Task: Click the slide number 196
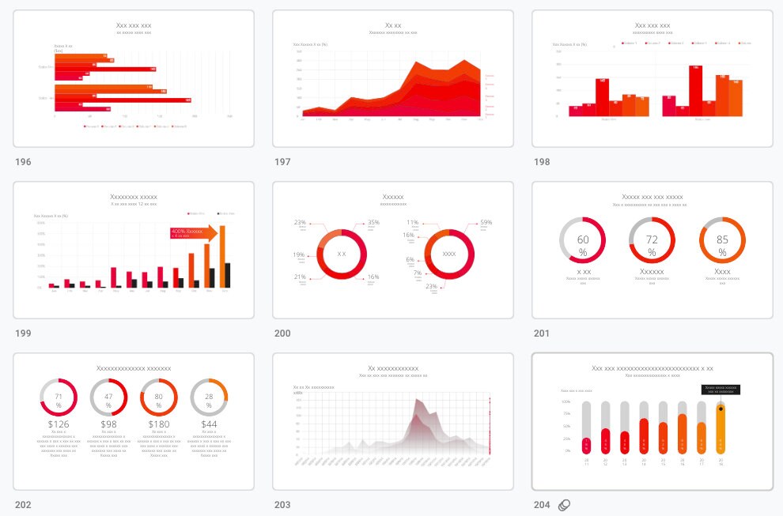coord(23,162)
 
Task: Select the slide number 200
coord(282,333)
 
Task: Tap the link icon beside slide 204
coord(565,505)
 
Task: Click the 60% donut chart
coord(582,240)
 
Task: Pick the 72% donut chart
coord(652,240)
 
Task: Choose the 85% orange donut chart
coord(722,240)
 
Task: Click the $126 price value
coord(59,424)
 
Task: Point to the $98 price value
coord(108,424)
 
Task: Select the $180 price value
coord(158,424)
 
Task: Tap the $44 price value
coord(209,424)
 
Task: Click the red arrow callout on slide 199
coord(193,233)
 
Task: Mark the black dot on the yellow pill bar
coord(721,409)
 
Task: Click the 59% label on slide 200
coord(486,223)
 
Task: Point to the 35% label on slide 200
coord(373,223)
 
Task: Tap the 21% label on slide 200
coord(300,277)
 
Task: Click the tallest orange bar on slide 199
coord(223,257)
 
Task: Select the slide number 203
coord(282,505)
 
